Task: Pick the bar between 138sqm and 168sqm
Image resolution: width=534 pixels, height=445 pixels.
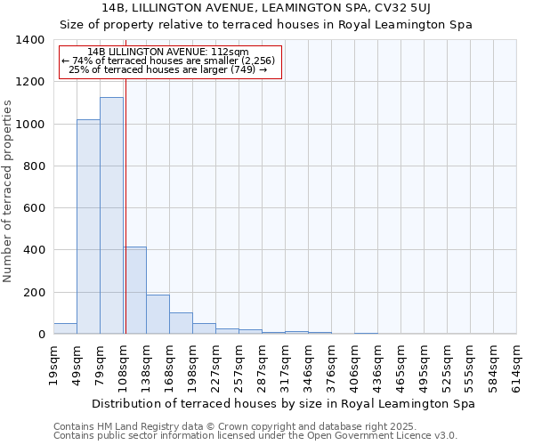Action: coord(158,314)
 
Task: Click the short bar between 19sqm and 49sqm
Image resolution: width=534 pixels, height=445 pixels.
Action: coord(65,328)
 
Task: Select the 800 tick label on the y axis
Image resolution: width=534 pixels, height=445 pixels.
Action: coord(34,166)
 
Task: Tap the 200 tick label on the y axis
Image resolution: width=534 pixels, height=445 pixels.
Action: coord(34,293)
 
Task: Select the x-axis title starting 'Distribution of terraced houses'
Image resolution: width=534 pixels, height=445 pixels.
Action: coord(283,404)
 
